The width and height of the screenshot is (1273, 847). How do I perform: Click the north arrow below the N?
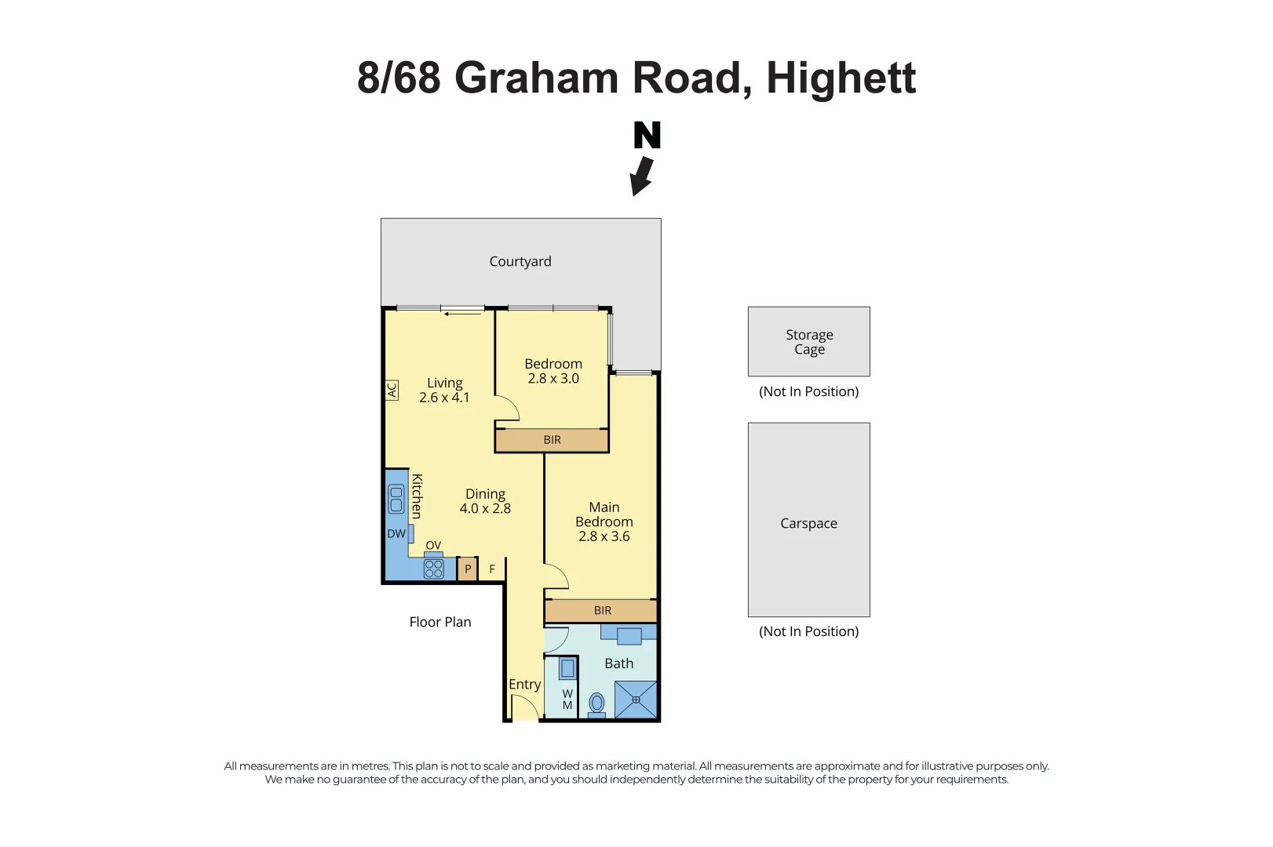(642, 176)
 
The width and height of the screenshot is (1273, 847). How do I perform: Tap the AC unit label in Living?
(392, 391)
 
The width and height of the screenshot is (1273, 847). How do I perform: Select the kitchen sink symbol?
(396, 500)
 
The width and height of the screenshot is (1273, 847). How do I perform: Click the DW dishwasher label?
(396, 534)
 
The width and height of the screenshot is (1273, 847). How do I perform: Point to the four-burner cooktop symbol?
(433, 569)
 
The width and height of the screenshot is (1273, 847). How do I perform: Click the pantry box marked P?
(467, 569)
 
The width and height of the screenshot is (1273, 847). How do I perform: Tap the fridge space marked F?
(492, 569)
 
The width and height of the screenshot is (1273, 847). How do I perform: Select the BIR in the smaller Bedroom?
(552, 440)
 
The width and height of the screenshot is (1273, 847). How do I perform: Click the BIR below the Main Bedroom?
(601, 611)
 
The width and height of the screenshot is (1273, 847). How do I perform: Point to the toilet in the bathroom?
(596, 705)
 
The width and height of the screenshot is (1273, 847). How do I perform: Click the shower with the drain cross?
(636, 700)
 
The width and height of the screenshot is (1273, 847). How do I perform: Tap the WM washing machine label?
(567, 700)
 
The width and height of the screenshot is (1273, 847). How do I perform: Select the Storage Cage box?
(808, 341)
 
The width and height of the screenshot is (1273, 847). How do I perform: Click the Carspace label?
(808, 523)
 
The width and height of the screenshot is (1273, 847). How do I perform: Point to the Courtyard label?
(520, 261)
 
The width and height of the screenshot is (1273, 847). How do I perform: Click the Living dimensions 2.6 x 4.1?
(444, 398)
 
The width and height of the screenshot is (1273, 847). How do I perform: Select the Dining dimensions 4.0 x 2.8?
(485, 508)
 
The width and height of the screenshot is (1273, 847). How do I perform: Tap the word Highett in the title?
(841, 78)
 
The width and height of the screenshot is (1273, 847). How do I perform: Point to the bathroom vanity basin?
(629, 636)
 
